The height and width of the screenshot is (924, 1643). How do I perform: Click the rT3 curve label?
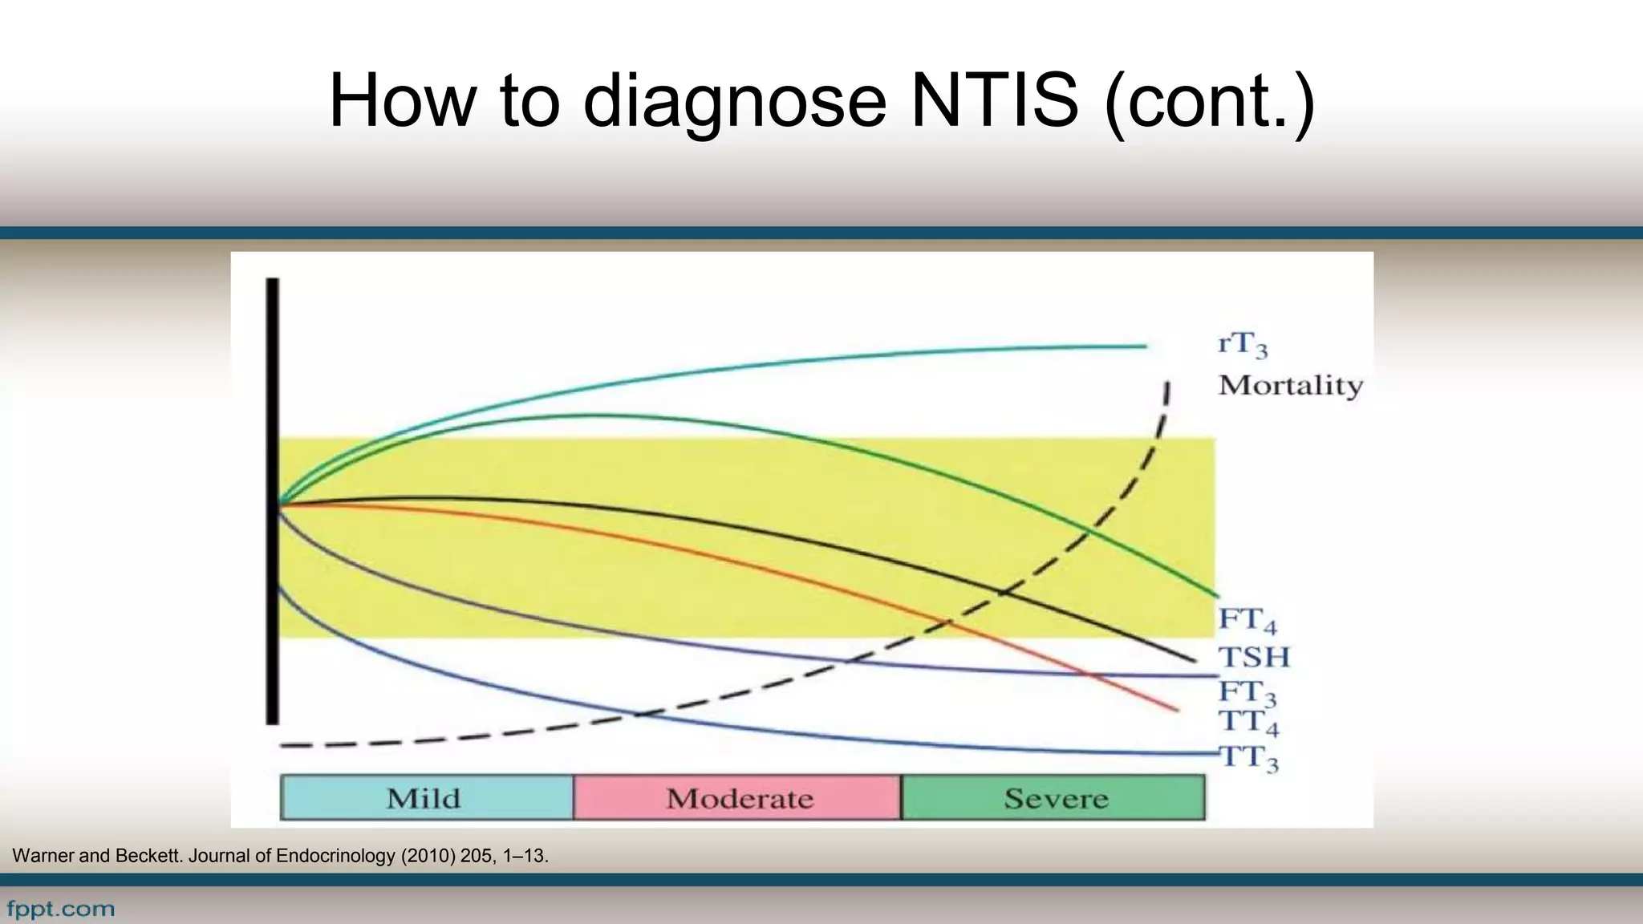pyautogui.click(x=1243, y=345)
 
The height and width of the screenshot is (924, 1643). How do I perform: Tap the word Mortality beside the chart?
pyautogui.click(x=1290, y=386)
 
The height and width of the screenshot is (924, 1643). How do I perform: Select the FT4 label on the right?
pyautogui.click(x=1247, y=620)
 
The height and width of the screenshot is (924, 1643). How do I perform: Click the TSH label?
pyautogui.click(x=1254, y=658)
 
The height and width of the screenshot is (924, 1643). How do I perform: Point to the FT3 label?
pyautogui.click(x=1247, y=692)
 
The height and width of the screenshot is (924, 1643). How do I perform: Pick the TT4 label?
pyautogui.click(x=1247, y=722)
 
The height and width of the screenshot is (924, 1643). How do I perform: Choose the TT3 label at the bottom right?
pyautogui.click(x=1248, y=758)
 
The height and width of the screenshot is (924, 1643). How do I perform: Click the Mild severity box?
pyautogui.click(x=426, y=798)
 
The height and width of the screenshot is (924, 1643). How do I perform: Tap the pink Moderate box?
pyautogui.click(x=737, y=798)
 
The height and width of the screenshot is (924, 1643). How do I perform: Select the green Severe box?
pyautogui.click(x=1053, y=798)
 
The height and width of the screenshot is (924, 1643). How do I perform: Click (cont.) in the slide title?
pyautogui.click(x=1210, y=101)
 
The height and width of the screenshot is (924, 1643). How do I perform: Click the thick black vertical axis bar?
pyautogui.click(x=273, y=501)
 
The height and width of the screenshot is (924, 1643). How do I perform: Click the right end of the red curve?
pyautogui.click(x=1175, y=709)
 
